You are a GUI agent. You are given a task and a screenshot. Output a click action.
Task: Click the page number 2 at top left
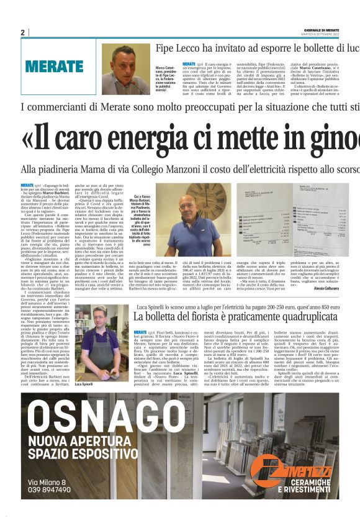[23, 32]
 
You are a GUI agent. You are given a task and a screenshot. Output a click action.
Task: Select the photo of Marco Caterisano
[127, 68]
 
